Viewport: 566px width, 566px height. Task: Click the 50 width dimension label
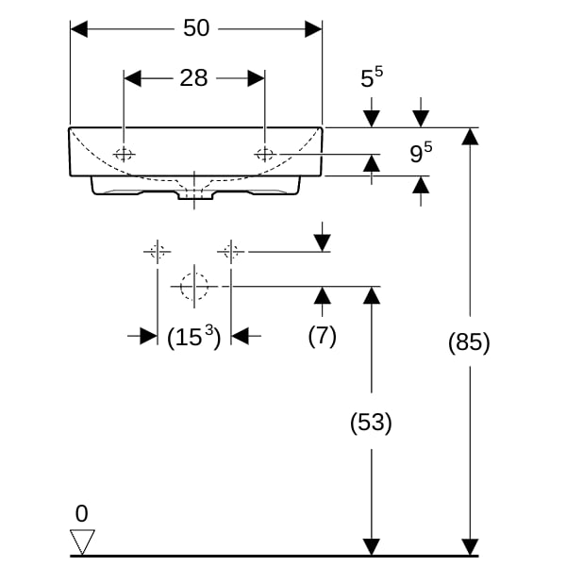tap(196, 27)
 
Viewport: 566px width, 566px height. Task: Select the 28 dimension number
tap(193, 77)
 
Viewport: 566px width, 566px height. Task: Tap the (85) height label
tap(469, 341)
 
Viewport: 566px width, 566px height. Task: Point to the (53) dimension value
tap(371, 422)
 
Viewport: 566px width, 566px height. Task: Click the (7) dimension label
tap(323, 336)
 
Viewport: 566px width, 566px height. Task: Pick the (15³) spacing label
tap(193, 337)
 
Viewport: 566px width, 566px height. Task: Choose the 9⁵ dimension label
tap(421, 152)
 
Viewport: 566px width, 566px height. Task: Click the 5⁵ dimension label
tap(372, 77)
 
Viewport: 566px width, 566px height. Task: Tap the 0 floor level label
tap(81, 513)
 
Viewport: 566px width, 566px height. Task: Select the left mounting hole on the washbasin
tap(124, 154)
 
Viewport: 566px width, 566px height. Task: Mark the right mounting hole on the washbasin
tap(265, 154)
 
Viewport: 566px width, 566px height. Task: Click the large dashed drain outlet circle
tap(194, 287)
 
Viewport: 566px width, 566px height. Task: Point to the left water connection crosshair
tap(158, 251)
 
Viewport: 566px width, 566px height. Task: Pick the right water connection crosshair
tap(231, 251)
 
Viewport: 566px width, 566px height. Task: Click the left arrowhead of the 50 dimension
tap(79, 29)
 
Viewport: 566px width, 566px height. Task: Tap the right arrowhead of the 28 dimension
tap(257, 78)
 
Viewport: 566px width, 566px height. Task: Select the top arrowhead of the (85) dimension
tap(470, 137)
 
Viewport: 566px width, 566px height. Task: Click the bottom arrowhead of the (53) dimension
tap(372, 546)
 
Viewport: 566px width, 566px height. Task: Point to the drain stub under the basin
tap(194, 195)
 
